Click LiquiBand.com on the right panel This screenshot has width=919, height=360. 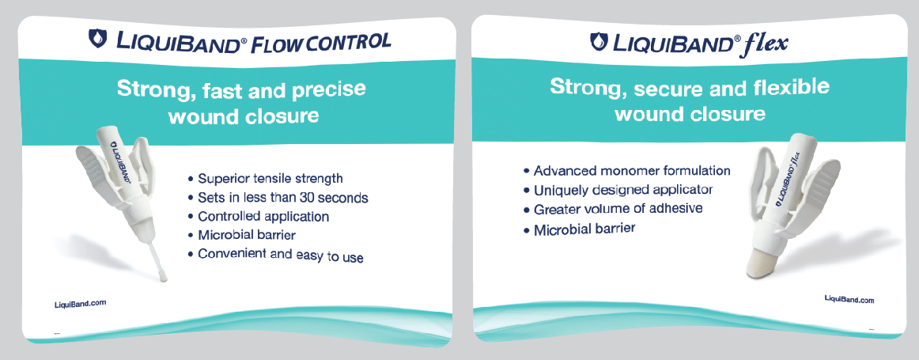coord(849,300)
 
